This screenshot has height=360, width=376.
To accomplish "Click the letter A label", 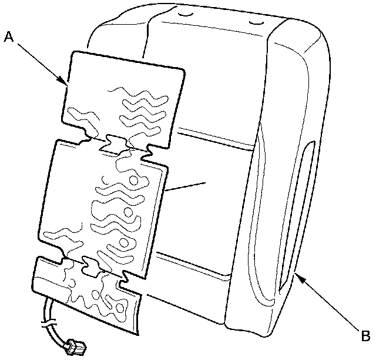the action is coord(9,36).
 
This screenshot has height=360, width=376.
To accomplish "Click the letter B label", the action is coord(365,336).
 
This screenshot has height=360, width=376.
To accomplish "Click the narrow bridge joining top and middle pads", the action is coord(115,143).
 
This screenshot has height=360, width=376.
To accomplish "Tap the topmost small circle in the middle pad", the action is coord(134,179).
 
